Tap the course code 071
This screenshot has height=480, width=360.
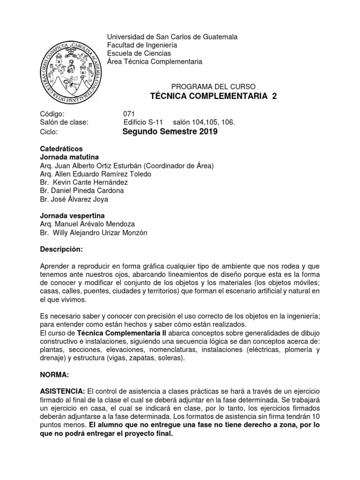tap(129, 113)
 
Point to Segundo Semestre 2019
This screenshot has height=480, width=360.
tap(170, 132)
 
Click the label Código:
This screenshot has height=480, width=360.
tap(53, 113)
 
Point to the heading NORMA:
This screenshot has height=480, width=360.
tap(55, 375)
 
